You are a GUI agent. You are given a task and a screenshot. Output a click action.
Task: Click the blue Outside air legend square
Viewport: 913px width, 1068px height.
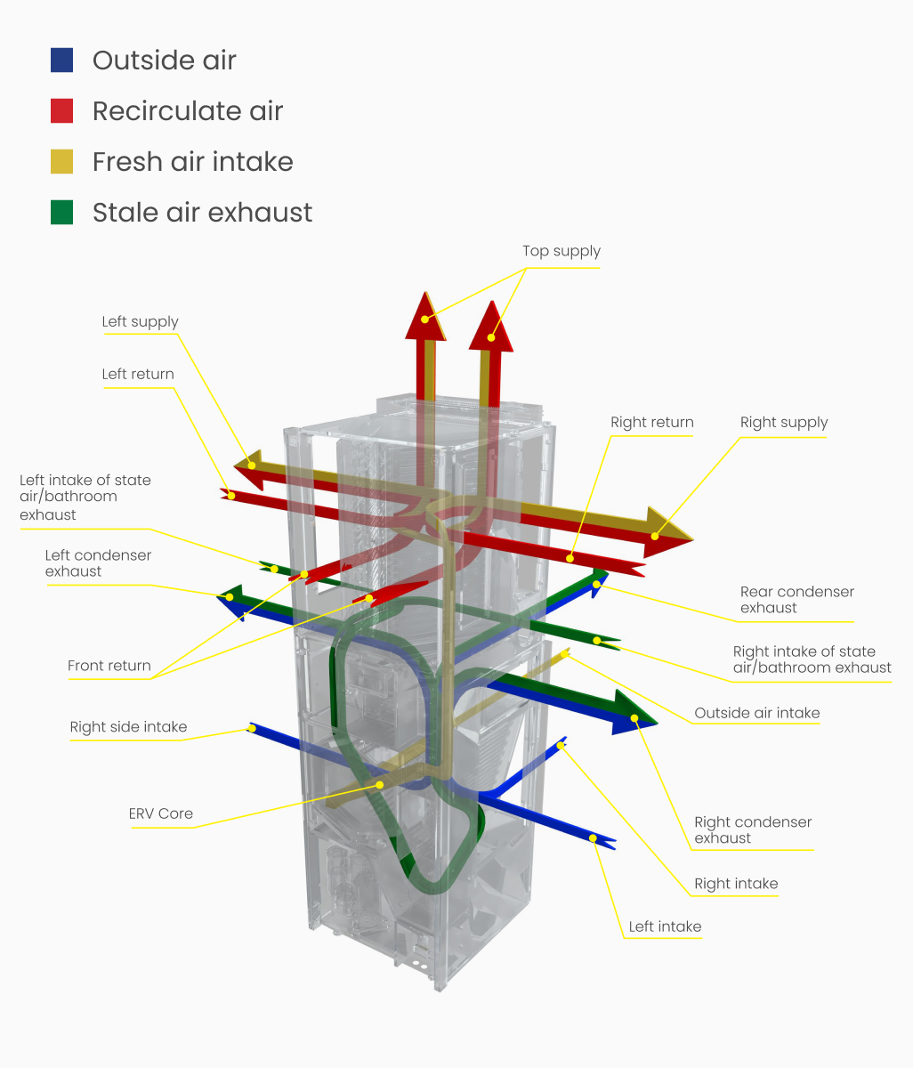point(61,60)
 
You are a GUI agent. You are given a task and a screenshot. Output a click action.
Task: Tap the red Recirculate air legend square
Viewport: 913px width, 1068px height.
point(61,110)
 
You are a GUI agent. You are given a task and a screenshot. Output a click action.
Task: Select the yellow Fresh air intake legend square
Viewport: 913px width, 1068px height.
point(61,161)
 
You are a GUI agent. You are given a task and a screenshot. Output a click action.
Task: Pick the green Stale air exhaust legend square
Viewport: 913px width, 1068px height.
point(61,212)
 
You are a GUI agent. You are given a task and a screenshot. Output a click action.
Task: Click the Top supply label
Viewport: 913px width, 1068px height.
point(561,251)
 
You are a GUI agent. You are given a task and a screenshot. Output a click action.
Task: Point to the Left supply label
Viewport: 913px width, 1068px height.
point(140,321)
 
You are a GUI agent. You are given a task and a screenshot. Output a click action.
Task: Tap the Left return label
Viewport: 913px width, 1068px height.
point(138,374)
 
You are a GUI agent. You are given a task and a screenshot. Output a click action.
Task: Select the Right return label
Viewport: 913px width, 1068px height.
point(651,422)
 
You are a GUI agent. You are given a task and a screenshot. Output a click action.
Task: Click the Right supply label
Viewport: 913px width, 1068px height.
point(783,422)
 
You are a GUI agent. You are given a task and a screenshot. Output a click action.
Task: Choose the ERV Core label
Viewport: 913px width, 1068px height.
point(160,813)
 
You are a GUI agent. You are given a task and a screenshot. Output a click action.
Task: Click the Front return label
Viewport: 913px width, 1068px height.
point(109,666)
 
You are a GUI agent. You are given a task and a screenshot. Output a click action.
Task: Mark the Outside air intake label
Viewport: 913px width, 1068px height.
point(756,713)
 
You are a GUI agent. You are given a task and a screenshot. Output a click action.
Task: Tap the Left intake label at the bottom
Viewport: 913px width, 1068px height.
point(665,926)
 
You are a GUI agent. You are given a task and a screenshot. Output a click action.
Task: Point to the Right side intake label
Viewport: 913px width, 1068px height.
point(128,727)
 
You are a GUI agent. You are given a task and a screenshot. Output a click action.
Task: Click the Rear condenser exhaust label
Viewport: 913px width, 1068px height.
point(796,599)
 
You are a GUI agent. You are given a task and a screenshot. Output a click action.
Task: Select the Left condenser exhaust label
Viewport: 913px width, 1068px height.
point(98,562)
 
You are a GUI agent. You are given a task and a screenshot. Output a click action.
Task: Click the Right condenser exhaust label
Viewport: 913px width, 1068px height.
point(753,829)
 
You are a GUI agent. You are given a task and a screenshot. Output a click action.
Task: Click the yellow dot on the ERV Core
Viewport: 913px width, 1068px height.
point(380,784)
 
